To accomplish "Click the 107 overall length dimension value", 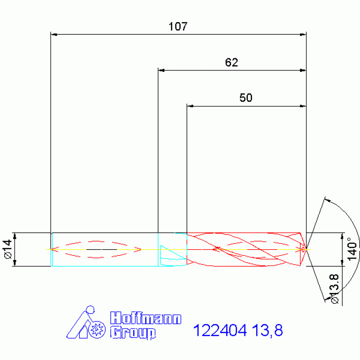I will (x=178, y=27).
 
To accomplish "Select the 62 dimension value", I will (x=231, y=63).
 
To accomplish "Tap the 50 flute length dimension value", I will (x=246, y=98).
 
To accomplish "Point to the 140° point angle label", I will (x=353, y=249).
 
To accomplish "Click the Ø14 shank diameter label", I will (x=7, y=249).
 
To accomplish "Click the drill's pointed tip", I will (x=306, y=249).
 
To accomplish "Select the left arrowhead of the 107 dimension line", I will (x=54, y=34).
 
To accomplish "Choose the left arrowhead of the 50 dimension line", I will (x=190, y=106).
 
